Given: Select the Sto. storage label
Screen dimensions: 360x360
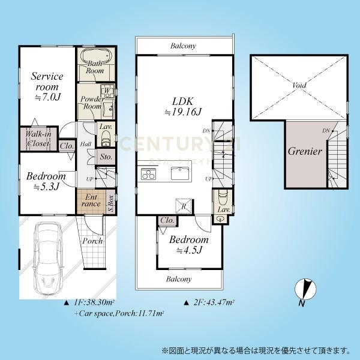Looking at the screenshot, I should (x=106, y=157).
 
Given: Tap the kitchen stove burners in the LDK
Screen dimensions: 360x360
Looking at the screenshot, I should (x=148, y=175).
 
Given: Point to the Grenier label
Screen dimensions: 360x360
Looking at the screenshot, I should (x=305, y=151).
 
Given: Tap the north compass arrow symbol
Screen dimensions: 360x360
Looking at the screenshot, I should (x=306, y=290).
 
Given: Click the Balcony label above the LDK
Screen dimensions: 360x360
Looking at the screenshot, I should (x=183, y=46).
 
